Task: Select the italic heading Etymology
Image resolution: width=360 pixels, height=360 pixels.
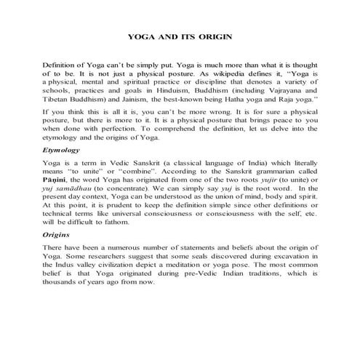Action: point(61,172)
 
